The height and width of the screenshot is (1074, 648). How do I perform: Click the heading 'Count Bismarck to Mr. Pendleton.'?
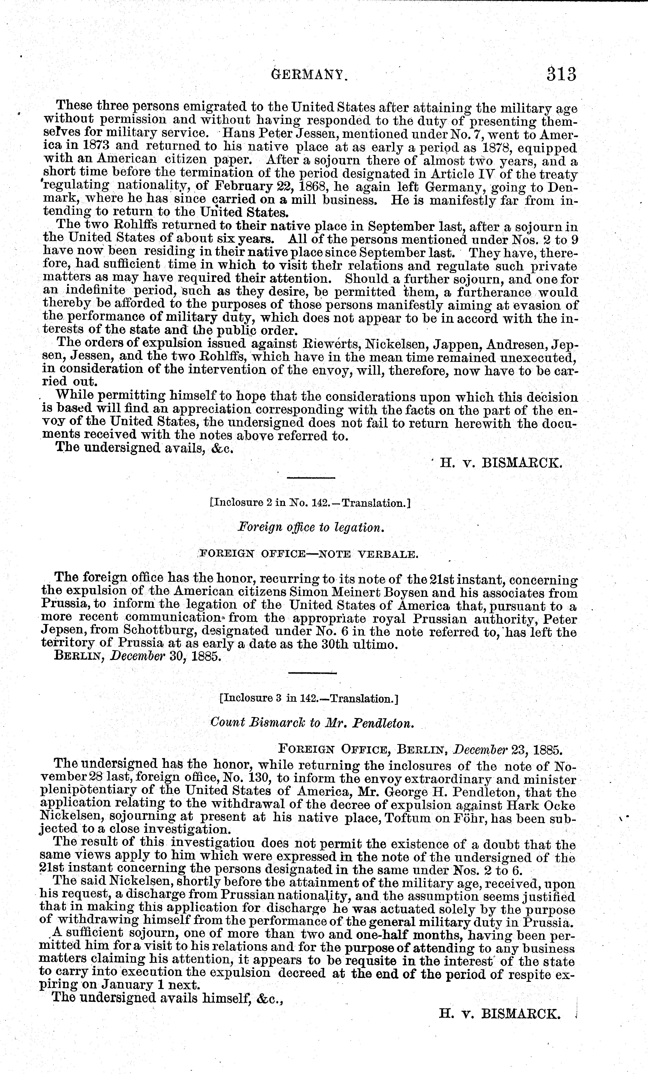click(x=311, y=723)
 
